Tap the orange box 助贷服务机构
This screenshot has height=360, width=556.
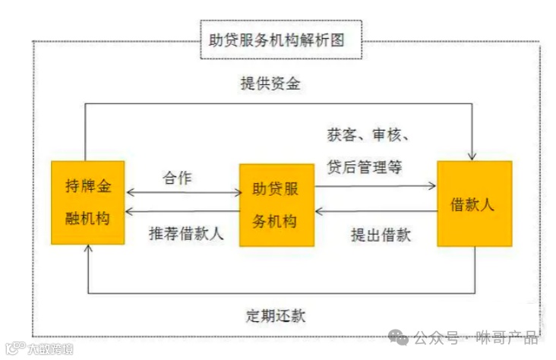coord(276,204)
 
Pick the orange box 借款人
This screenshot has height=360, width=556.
coord(474,203)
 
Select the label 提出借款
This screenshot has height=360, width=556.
coord(381,235)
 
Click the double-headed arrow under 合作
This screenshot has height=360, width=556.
coord(182,192)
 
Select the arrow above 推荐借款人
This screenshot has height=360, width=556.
coord(182,212)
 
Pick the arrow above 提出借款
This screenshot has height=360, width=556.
coord(376,211)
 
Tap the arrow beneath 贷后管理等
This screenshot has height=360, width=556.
coord(376,185)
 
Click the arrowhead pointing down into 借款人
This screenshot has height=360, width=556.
coord(472,156)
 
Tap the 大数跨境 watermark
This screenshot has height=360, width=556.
coord(42,349)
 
